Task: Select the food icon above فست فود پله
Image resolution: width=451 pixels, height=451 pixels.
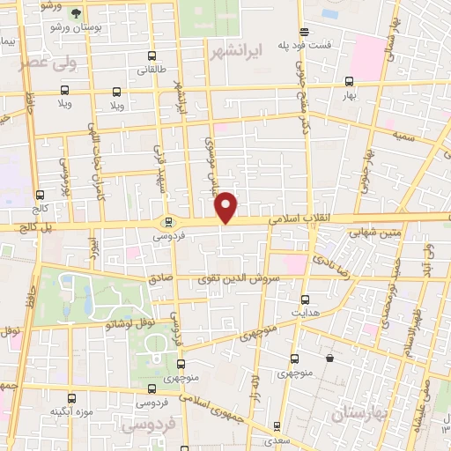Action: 305,31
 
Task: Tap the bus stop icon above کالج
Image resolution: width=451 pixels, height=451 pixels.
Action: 40,196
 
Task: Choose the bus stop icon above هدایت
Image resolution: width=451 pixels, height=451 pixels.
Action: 305,299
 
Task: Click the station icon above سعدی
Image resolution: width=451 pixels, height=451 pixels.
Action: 277,425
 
